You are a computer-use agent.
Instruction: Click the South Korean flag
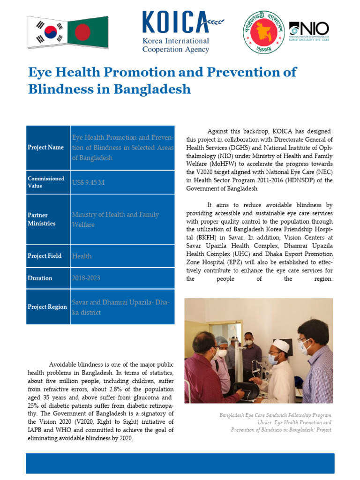coord(47,32)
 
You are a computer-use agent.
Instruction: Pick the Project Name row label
coord(45,147)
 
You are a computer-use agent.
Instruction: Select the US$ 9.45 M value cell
coord(88,182)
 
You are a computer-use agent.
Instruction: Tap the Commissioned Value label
coord(46,182)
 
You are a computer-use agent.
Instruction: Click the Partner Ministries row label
coord(42,219)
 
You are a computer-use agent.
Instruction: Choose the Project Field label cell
coord(45,256)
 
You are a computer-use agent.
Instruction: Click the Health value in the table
coord(82,256)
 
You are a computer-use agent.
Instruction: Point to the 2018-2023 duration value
coord(86,278)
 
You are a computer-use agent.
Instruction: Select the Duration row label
coord(40,278)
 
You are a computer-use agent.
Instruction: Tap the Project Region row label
coord(47,307)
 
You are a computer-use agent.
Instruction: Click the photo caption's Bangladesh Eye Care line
coord(275,415)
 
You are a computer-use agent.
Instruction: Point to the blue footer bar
coord(180,463)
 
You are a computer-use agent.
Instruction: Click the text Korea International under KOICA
coord(175,42)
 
